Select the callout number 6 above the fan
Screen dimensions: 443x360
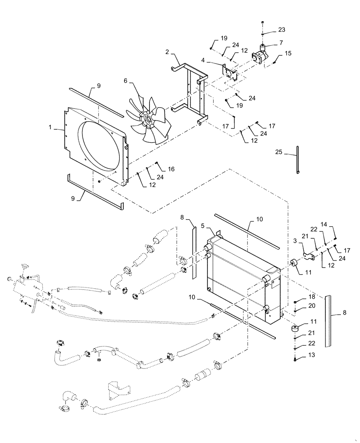(x=125, y=81)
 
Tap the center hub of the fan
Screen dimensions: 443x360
(x=147, y=118)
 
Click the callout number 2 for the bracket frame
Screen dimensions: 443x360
(x=167, y=52)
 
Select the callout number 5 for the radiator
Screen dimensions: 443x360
(x=203, y=225)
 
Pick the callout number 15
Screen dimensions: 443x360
(x=288, y=53)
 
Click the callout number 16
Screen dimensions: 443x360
(x=171, y=169)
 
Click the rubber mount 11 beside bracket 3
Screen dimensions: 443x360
(x=293, y=264)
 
